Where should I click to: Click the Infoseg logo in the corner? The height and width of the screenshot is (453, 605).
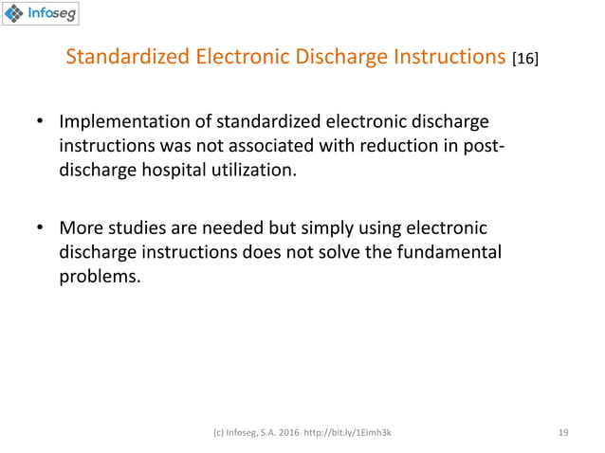coord(40,14)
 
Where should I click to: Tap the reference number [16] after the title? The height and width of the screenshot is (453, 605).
coord(524,61)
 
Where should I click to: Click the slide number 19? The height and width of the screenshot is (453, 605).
coord(563,431)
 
